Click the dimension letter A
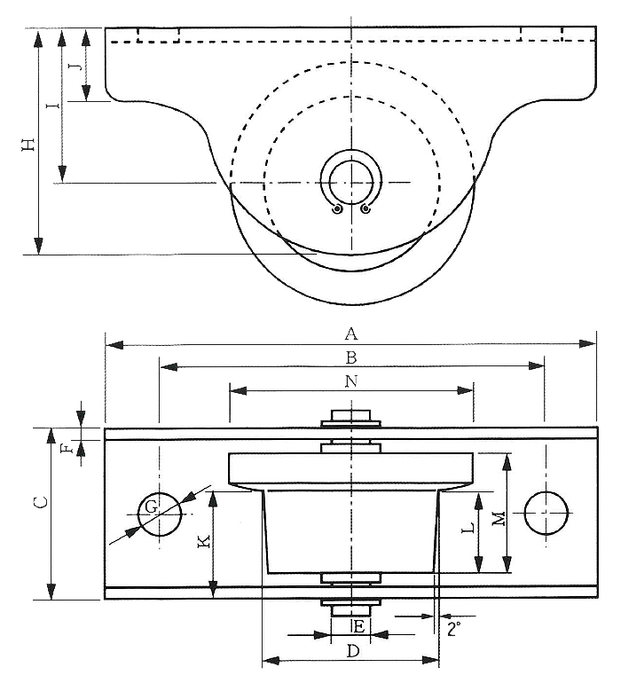click(351, 334)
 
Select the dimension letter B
click(351, 357)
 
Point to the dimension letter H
click(30, 144)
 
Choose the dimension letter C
click(39, 503)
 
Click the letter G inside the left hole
click(151, 507)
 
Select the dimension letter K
click(203, 541)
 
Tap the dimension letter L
click(468, 527)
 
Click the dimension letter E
click(358, 626)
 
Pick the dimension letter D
click(352, 651)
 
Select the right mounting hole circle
click(546, 514)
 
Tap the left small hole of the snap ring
click(336, 209)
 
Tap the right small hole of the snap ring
click(366, 209)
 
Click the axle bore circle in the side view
click(351, 183)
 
